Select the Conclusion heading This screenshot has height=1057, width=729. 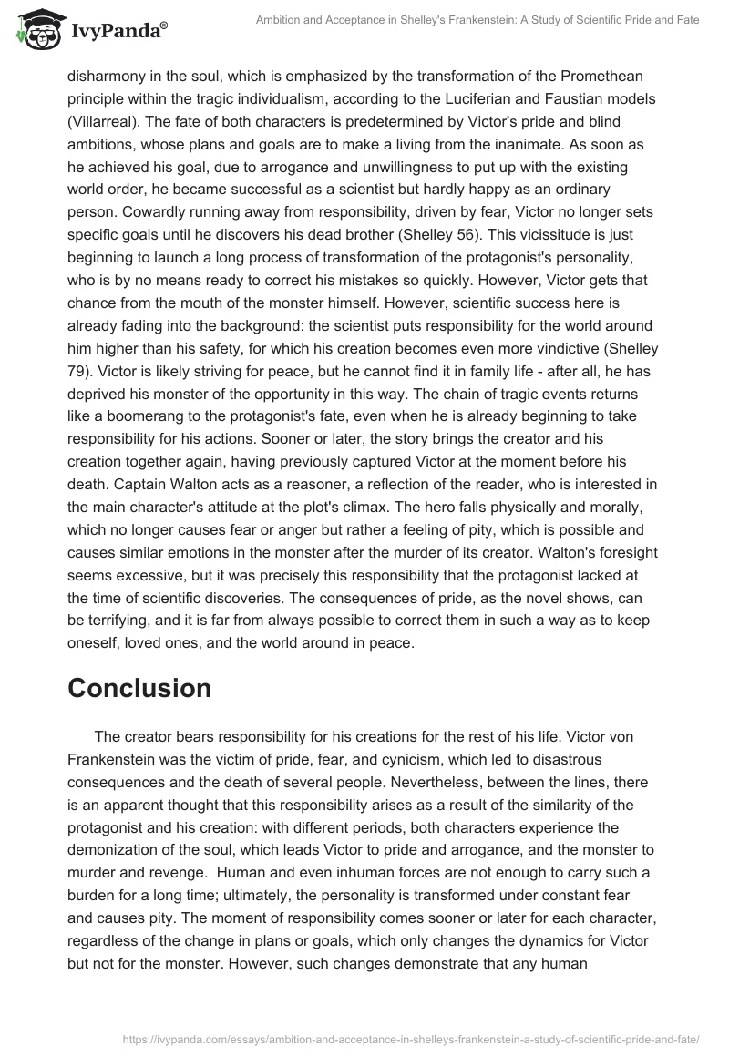(x=139, y=688)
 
